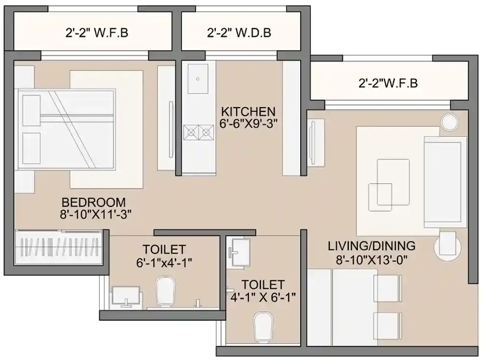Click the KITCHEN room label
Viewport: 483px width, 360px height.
247,111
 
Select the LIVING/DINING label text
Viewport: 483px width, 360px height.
371,246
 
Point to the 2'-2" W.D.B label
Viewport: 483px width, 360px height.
239,33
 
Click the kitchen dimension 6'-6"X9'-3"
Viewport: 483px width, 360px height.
247,123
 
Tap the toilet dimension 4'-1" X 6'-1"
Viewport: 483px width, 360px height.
263,297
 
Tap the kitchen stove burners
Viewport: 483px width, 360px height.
199,131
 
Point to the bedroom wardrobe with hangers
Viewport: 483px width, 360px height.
59,248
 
